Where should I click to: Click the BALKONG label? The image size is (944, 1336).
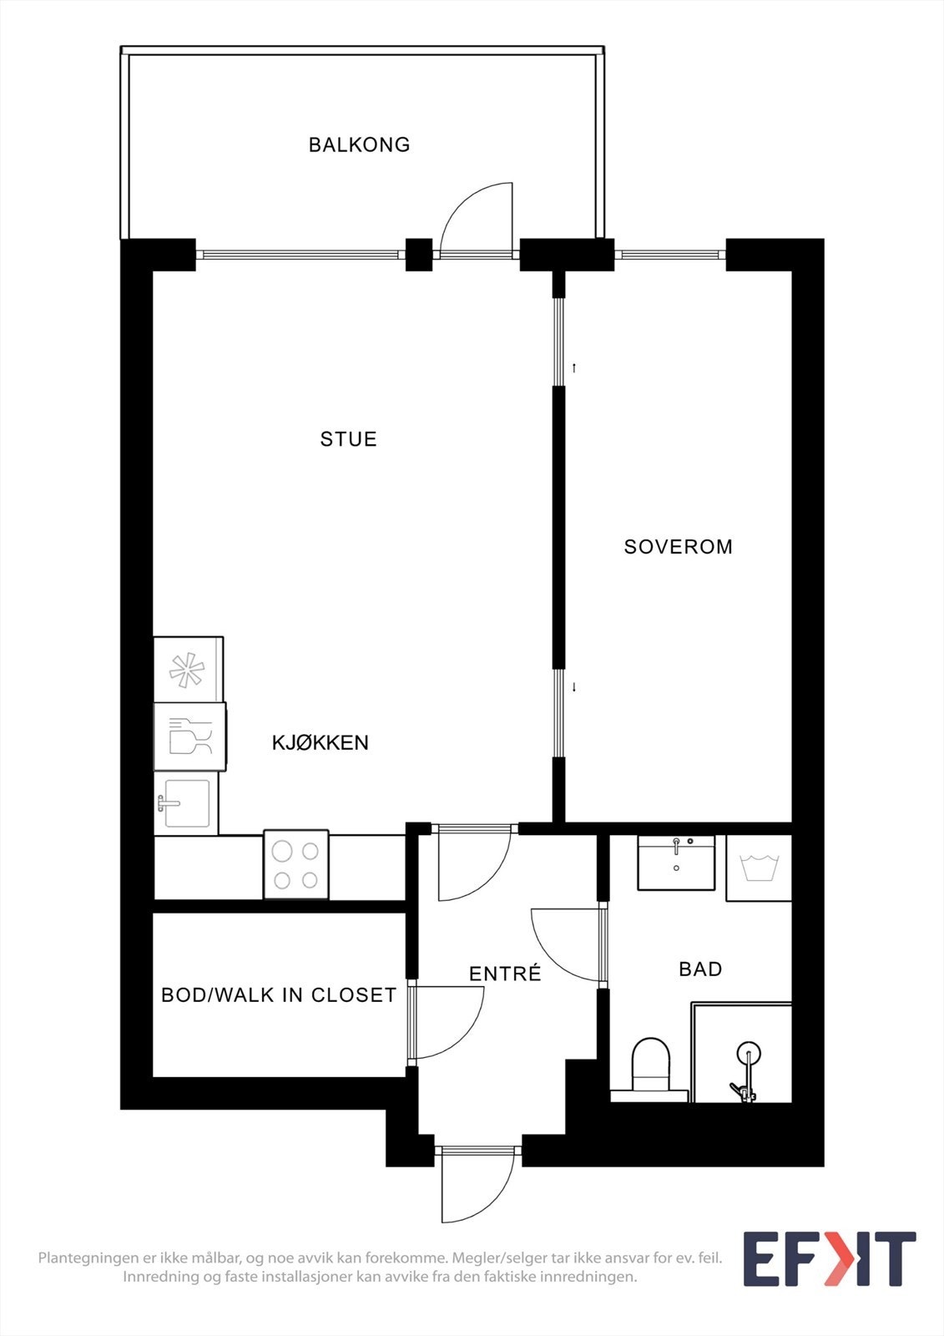359,144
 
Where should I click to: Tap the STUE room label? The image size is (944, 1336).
348,439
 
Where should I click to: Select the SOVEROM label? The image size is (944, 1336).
678,547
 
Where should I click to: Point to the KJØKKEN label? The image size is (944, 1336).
320,742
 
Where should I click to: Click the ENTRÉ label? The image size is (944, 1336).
505,974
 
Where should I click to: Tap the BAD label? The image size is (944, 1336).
699,969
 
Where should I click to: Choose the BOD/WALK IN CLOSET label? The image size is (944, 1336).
278,995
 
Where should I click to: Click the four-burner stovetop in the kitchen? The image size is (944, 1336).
296,865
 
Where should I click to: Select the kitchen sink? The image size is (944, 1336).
186,803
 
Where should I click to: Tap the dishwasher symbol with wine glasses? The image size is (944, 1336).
190,736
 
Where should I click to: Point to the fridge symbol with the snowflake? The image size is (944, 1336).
188,670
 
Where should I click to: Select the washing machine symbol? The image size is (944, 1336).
759,868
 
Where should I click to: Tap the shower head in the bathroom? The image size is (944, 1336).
748,1052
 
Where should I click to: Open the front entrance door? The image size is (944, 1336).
477,1186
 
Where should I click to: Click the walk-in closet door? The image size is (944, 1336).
447,1023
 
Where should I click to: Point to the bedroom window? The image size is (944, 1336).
670,255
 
